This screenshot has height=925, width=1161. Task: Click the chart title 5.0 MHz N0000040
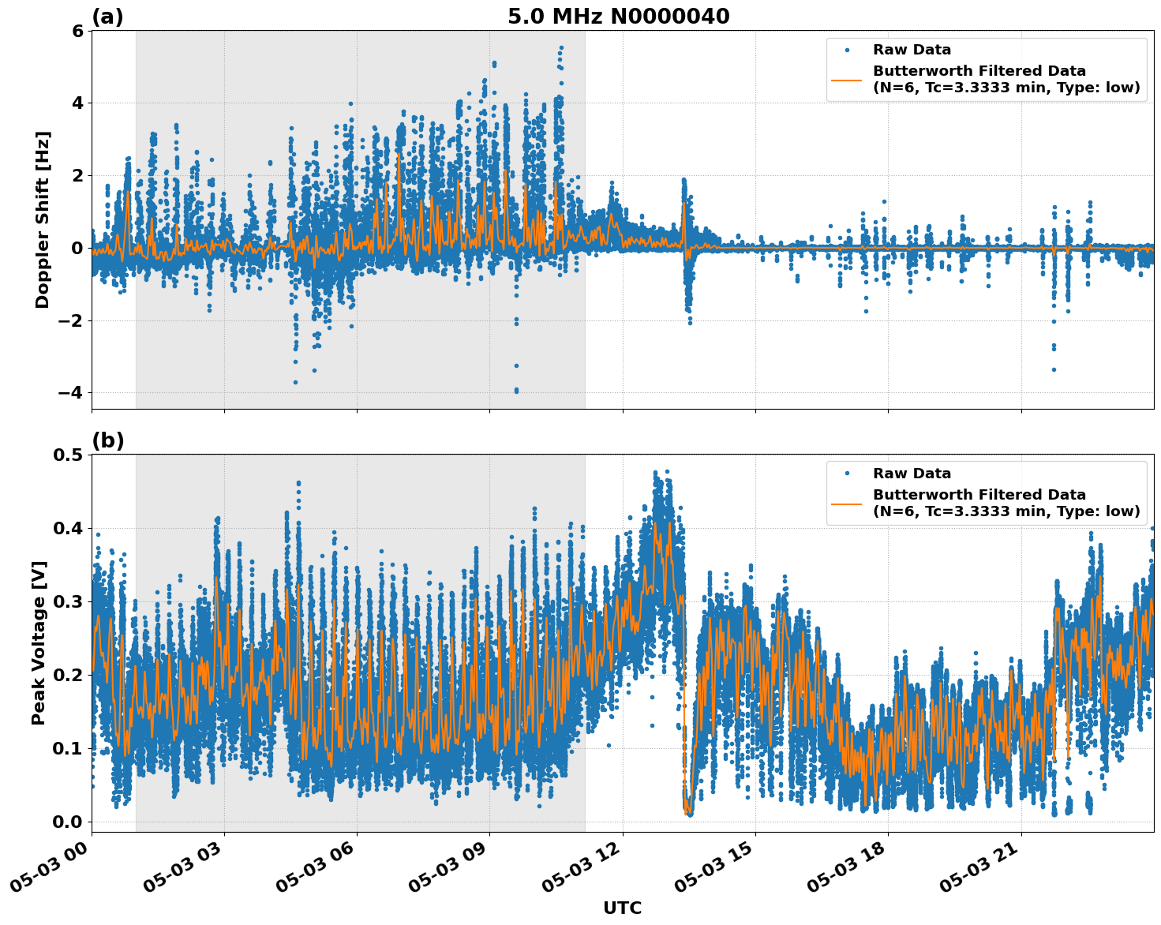pos(618,17)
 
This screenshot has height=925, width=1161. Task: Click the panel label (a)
pos(107,17)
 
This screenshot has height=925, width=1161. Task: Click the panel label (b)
pos(108,440)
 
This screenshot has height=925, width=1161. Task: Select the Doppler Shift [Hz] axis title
pos(43,219)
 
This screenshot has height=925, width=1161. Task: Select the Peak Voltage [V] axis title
pos(39,642)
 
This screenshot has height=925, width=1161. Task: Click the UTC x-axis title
pos(622,908)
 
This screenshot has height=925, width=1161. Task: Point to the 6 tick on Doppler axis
pos(77,31)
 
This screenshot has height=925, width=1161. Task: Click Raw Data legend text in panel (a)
pos(912,50)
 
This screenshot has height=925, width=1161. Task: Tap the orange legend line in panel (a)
pos(847,79)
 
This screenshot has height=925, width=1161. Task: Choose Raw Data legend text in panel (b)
pos(912,474)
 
